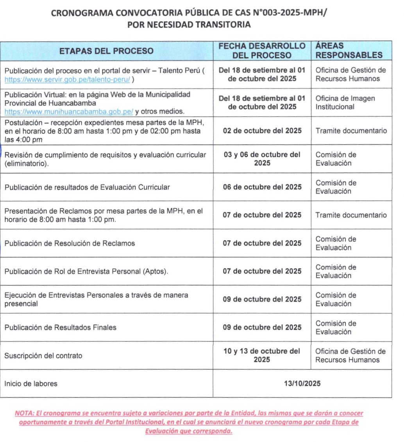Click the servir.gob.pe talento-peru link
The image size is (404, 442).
tap(67, 79)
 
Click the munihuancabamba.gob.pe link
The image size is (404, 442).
tap(69, 111)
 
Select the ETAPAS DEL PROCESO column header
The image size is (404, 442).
tap(106, 51)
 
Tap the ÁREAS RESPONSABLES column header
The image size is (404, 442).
tap(349, 51)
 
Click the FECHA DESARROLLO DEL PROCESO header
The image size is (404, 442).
tap(262, 51)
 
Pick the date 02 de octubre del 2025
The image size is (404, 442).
tap(262, 131)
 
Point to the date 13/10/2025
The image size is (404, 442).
tap(302, 383)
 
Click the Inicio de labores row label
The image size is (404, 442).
tap(31, 384)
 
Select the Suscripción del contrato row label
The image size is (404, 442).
tap(43, 356)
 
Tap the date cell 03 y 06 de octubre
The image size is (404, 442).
tap(262, 159)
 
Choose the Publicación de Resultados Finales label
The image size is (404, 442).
tap(61, 327)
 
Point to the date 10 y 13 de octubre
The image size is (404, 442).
tap(262, 355)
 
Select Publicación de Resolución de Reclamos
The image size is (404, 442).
tap(70, 243)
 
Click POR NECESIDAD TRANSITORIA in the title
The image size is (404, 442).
tap(189, 25)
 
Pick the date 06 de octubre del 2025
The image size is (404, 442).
tap(262, 187)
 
